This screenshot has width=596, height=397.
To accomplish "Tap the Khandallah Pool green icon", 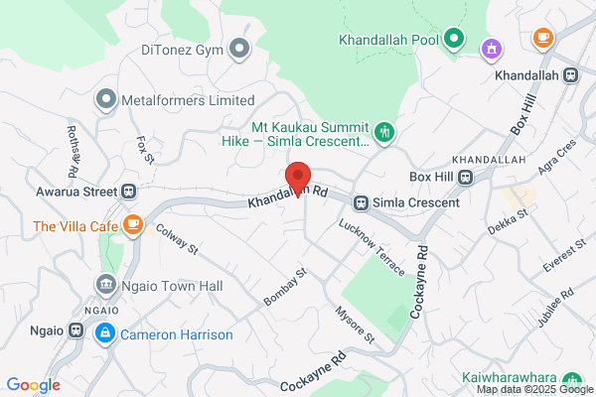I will (x=454, y=40).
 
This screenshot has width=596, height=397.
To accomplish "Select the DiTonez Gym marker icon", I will (x=238, y=47).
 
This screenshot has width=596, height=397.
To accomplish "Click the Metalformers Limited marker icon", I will (x=106, y=100).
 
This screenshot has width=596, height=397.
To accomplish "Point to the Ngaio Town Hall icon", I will (x=106, y=285).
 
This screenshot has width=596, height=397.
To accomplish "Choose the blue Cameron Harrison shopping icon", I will (x=104, y=334).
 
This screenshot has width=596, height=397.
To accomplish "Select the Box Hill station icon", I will (x=466, y=178).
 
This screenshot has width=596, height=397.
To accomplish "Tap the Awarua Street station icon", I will (x=128, y=191).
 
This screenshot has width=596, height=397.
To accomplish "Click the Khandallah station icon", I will (x=570, y=74).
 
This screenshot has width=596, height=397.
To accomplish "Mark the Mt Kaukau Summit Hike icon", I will (x=384, y=131).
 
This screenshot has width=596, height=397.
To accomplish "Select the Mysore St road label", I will (x=355, y=325).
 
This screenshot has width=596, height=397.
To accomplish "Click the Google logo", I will (x=33, y=385).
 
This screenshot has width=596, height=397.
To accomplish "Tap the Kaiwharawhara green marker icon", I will (x=571, y=379).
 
